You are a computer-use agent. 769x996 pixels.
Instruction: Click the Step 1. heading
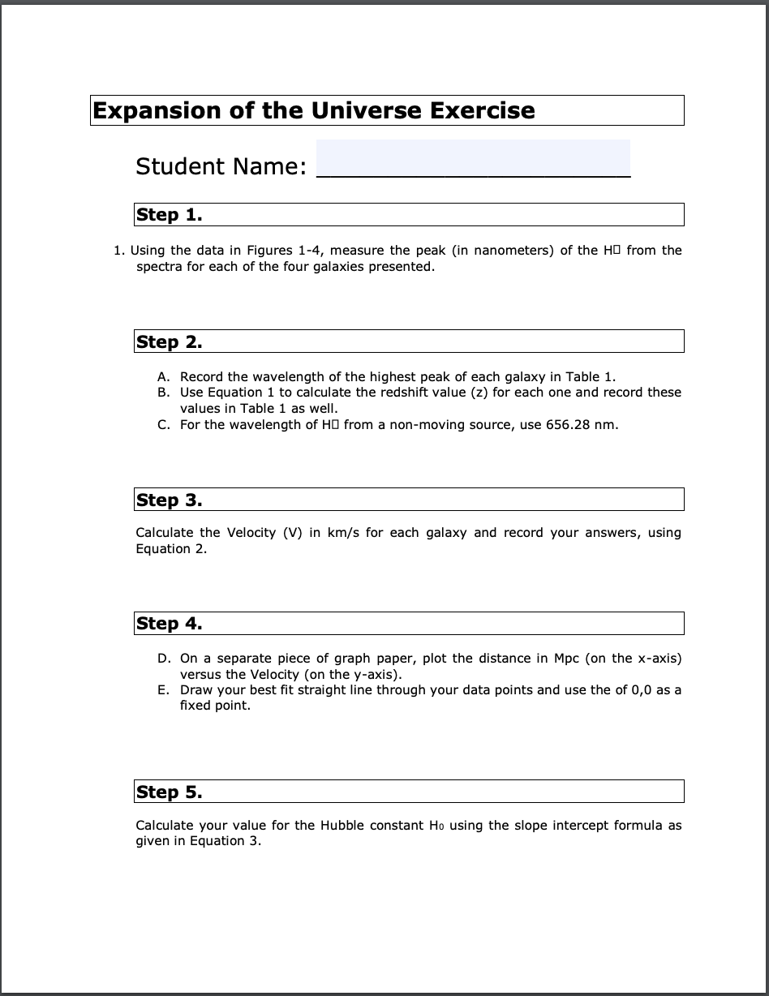click(170, 215)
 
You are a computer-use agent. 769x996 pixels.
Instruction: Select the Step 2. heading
click(170, 341)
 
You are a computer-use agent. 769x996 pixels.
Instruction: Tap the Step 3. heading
click(170, 500)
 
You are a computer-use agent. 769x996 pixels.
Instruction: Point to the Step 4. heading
click(170, 624)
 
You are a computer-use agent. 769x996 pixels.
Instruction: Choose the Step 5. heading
click(170, 792)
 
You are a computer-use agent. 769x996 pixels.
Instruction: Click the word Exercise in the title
click(482, 110)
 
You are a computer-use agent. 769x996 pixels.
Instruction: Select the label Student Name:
click(221, 166)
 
